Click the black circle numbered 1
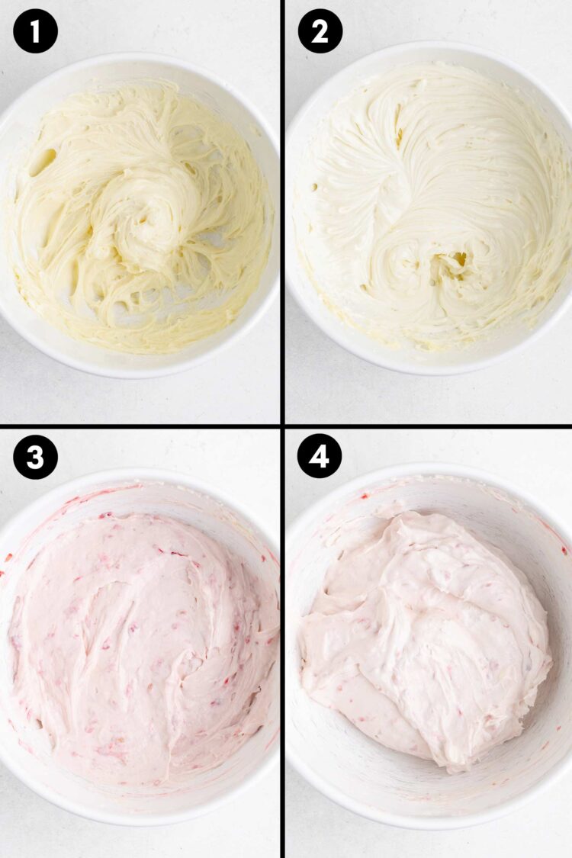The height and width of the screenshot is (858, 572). click(35, 31)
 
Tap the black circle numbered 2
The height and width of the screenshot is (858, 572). click(320, 31)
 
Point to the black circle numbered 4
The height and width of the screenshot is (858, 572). click(320, 457)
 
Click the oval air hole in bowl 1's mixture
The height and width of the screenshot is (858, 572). click(43, 161)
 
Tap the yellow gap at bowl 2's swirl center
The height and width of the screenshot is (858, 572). click(460, 260)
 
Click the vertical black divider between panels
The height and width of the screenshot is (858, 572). click(283, 229)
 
